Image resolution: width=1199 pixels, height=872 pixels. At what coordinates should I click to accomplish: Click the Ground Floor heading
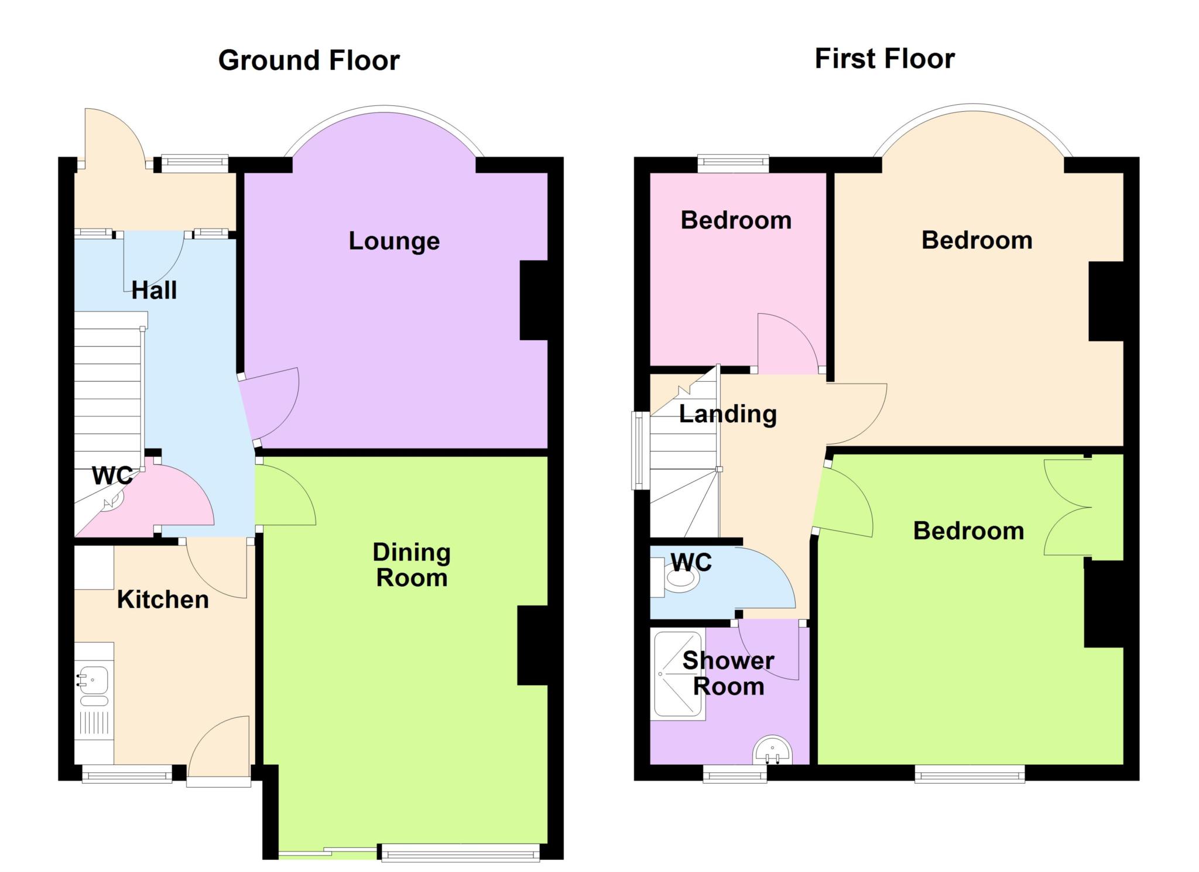[309, 60]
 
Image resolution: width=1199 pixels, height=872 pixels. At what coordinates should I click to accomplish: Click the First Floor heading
[885, 59]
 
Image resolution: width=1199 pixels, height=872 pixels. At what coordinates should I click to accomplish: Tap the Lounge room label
[394, 241]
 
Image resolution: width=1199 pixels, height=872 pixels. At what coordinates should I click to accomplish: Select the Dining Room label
[412, 565]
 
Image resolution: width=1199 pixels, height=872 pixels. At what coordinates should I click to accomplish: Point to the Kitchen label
[163, 600]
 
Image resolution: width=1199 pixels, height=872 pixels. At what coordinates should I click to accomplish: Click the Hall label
[154, 290]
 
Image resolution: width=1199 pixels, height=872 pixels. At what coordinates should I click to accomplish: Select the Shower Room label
[728, 673]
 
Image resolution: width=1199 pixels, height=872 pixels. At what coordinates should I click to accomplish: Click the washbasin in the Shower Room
[772, 751]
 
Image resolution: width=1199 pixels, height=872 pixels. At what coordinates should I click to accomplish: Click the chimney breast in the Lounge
[533, 300]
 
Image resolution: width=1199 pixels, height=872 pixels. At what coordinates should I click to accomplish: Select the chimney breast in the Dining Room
[532, 645]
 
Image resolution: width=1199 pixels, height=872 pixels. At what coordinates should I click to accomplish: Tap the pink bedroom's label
[736, 221]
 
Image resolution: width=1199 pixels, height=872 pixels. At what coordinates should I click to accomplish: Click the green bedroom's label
[969, 531]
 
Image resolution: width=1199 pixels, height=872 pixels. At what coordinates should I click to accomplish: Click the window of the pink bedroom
[733, 163]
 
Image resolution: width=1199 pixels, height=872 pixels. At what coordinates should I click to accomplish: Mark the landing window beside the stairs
[640, 450]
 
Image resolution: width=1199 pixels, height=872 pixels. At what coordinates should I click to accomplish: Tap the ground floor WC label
[112, 476]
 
